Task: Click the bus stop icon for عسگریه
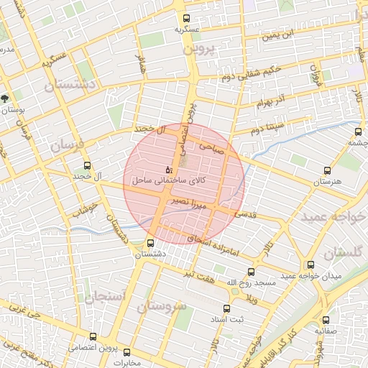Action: pos(187,19)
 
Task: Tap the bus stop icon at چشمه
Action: pos(358,132)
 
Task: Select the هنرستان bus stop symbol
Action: pos(328,171)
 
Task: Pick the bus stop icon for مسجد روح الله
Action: pos(251,272)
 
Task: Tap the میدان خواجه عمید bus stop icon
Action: pos(310,265)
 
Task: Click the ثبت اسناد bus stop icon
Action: pos(234,307)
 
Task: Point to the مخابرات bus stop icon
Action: pos(127,352)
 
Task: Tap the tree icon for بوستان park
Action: pos(6,98)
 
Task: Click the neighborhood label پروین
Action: pos(199,50)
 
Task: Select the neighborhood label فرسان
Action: pos(67,145)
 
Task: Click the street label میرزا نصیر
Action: pos(189,204)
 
